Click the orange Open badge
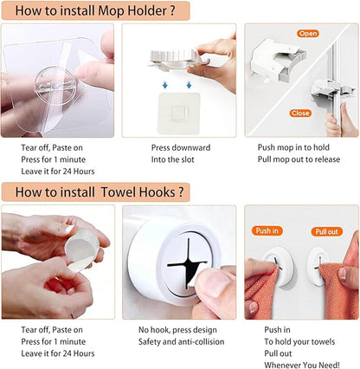point(308,34)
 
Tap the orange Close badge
point(300,113)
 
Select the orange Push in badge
point(267,230)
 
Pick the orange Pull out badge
point(326,231)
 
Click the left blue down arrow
point(165,85)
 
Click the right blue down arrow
point(189,85)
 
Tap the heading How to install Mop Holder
point(95,11)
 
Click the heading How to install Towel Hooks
point(100,192)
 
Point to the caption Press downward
point(181,147)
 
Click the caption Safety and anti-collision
point(181,342)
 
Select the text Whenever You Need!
point(302,366)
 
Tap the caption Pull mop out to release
point(299,159)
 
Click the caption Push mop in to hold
point(293,147)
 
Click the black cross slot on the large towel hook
point(188,262)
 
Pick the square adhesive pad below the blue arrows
point(179,113)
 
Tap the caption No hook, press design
point(177,330)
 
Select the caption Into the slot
point(173,159)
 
